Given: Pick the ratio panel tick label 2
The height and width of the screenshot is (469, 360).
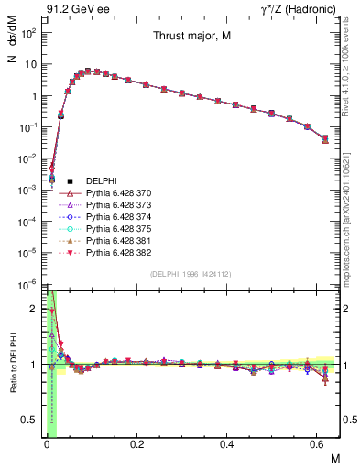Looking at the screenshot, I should (35, 309).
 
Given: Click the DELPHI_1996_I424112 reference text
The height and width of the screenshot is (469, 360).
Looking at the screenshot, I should (191, 275).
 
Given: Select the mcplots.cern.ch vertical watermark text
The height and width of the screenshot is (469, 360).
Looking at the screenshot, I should (351, 220).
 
